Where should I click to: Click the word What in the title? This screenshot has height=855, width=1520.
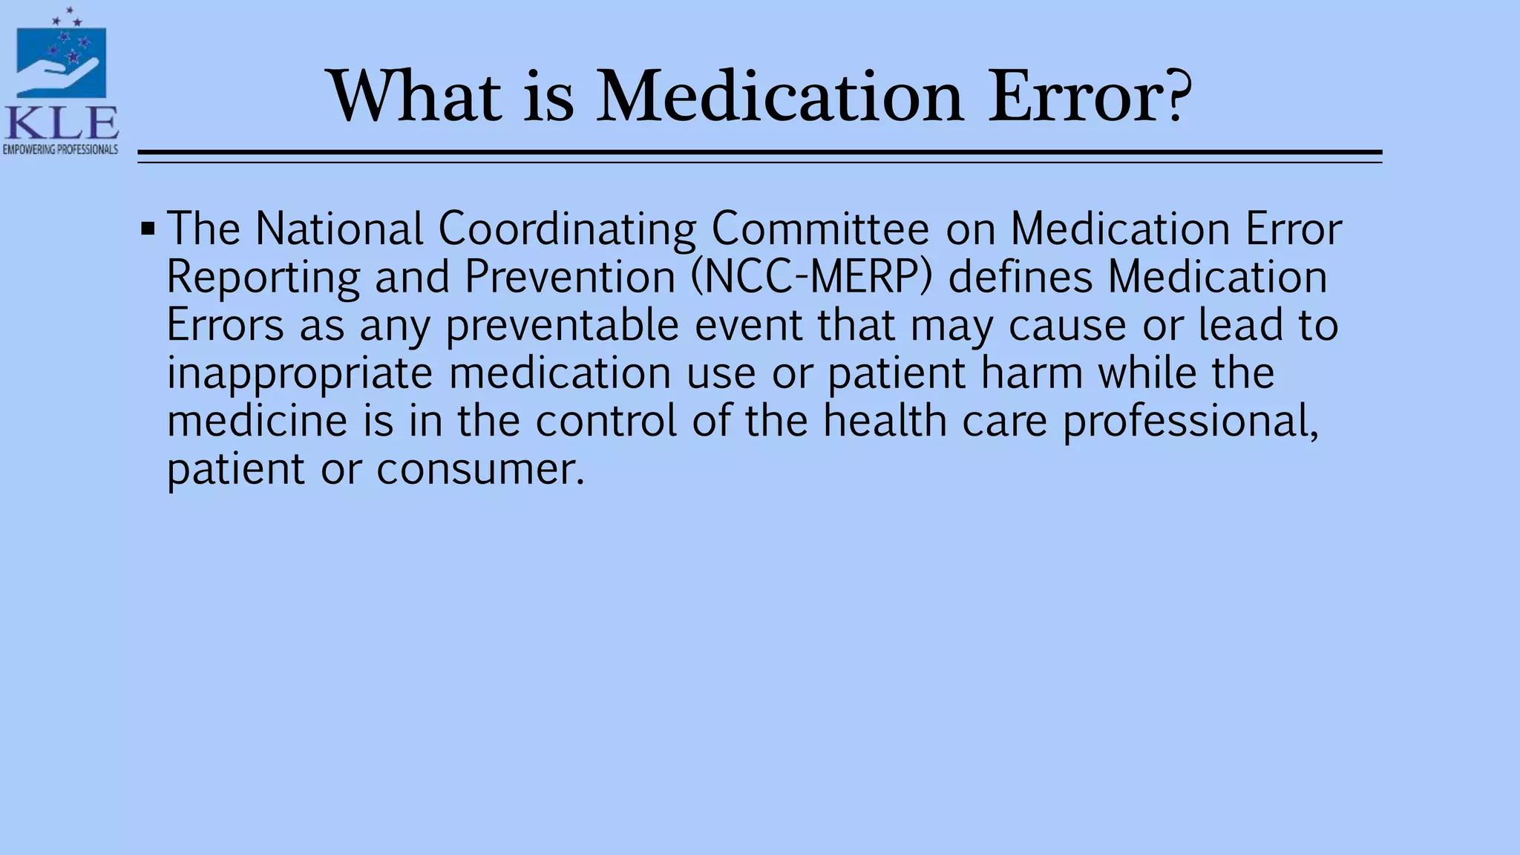click(x=415, y=96)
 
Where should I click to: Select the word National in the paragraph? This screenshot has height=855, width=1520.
click(x=338, y=229)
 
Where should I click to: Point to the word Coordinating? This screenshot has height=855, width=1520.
click(x=567, y=229)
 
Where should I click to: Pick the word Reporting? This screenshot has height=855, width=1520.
click(x=263, y=278)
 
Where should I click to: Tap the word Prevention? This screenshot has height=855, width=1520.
click(x=570, y=278)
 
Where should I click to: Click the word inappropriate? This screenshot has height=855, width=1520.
click(x=299, y=373)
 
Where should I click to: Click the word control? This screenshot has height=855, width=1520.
click(x=606, y=422)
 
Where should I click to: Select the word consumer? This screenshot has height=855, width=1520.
click(x=479, y=470)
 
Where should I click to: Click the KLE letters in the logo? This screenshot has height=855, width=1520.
click(x=61, y=123)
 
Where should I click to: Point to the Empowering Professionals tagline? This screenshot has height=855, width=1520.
click(x=61, y=150)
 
